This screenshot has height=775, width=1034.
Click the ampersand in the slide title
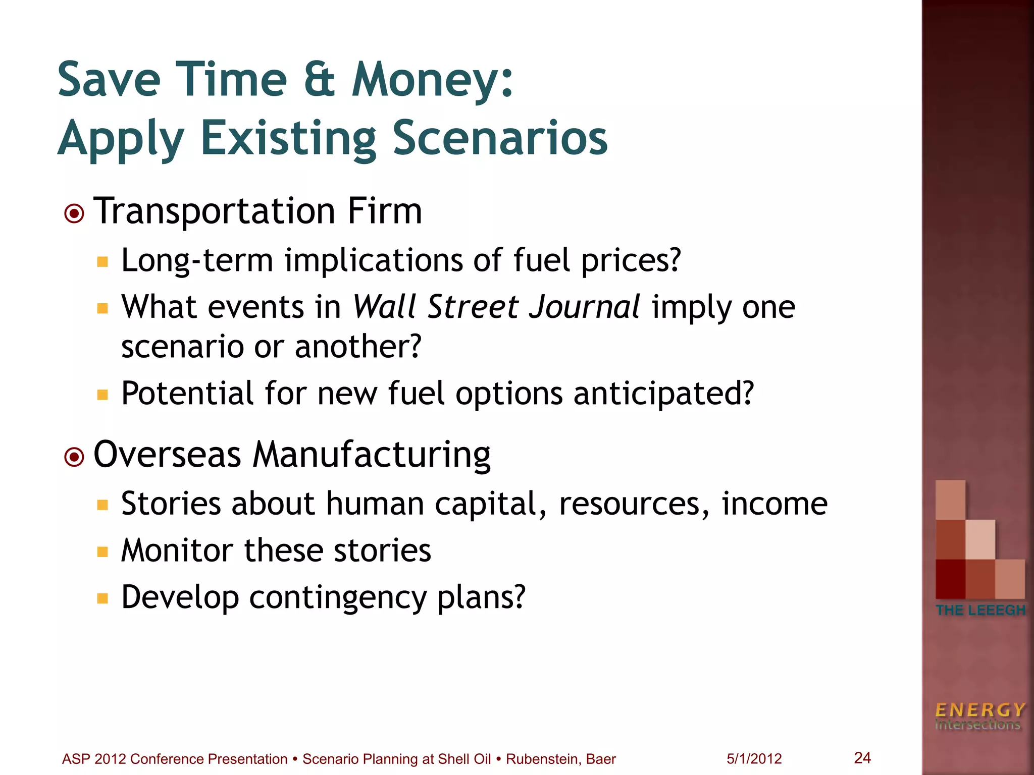tap(319, 80)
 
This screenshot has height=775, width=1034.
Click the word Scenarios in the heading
tap(500, 138)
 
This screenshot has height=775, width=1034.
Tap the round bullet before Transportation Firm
tap(74, 214)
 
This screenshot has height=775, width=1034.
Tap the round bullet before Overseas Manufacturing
tap(74, 457)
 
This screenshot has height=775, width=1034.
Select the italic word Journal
tap(584, 307)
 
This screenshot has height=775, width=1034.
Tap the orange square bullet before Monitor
tap(103, 551)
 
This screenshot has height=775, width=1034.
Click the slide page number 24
tap(862, 757)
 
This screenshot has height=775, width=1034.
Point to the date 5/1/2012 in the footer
tap(754, 759)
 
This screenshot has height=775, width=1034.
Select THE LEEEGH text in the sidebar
tap(980, 610)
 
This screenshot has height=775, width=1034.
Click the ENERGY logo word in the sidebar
tap(979, 710)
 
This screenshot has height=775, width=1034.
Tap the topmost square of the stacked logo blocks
tap(950, 500)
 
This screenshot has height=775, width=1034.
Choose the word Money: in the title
tap(432, 80)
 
